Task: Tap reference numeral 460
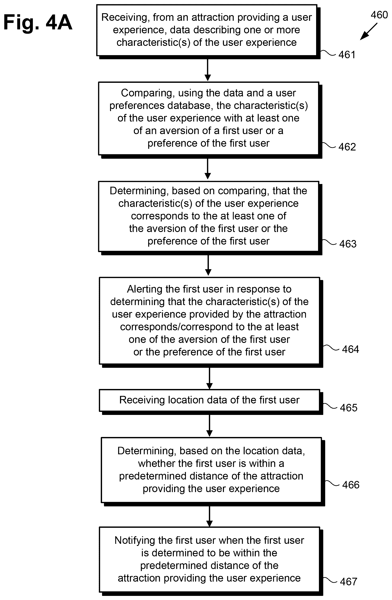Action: point(379,15)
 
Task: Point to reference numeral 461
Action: point(347,55)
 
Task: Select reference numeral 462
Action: point(347,147)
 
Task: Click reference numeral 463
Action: point(348,244)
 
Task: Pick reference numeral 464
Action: point(350,349)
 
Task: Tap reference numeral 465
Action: point(349,408)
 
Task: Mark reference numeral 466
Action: point(351,485)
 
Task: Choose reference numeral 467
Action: point(349,582)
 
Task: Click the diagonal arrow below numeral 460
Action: point(369,32)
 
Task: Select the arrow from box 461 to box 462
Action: point(208,70)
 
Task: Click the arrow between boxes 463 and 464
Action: point(208,265)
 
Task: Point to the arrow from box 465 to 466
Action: point(210,426)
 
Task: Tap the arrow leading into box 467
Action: point(210,517)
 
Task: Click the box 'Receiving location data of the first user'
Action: point(210,400)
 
